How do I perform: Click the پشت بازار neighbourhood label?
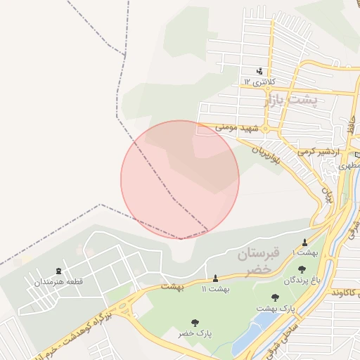(291, 101)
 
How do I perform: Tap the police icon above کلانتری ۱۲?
(259, 70)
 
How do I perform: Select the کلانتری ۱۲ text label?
(258, 82)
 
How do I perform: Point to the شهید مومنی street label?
(238, 129)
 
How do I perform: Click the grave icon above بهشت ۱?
(304, 243)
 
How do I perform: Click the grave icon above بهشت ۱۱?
(215, 278)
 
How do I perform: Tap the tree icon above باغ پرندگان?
(302, 269)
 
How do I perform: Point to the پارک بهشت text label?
(276, 309)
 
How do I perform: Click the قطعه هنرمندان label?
(58, 282)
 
